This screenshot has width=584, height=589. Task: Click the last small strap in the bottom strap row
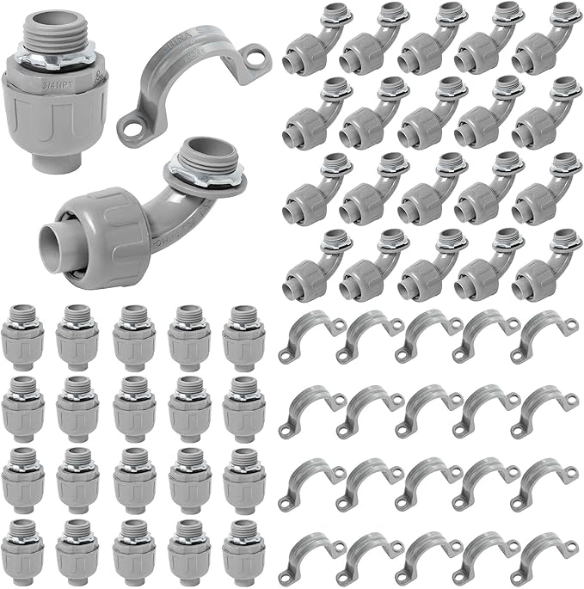545,557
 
